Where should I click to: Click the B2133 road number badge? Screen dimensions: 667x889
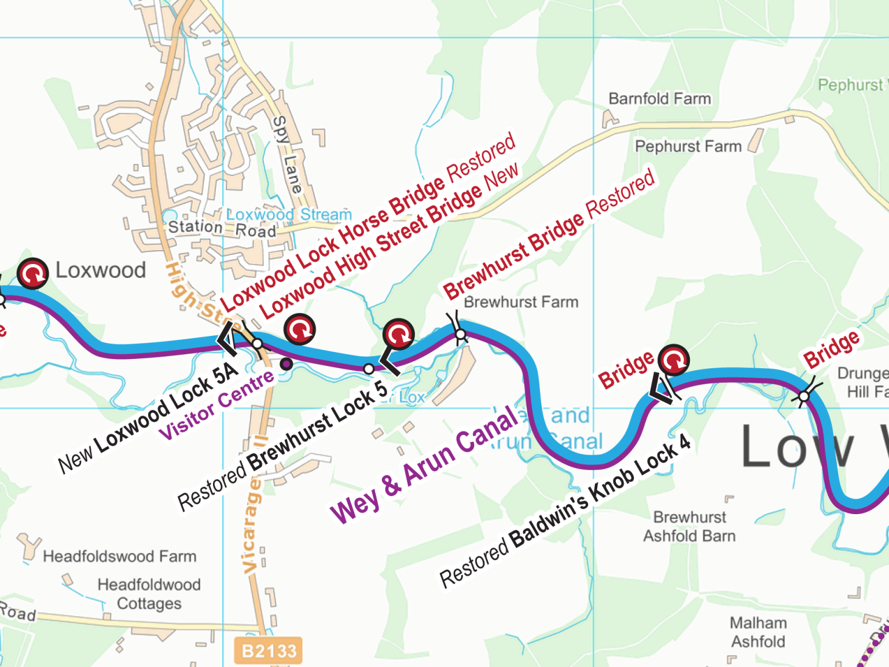(x=269, y=651)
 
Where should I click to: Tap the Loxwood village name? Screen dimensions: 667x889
(x=101, y=270)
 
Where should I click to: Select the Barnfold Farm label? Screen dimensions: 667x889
(x=659, y=99)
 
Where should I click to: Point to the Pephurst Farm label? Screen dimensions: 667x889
(x=688, y=146)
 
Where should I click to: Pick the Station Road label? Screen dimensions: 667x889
(x=222, y=229)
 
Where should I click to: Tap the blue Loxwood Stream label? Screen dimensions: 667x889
(x=289, y=215)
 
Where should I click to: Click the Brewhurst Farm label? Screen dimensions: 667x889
(x=521, y=302)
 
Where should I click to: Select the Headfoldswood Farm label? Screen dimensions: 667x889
(x=120, y=556)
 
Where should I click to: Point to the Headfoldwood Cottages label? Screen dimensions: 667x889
(x=149, y=594)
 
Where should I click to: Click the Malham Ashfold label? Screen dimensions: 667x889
(x=758, y=632)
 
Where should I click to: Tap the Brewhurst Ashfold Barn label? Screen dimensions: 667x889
(x=689, y=526)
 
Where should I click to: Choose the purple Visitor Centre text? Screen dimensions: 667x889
(x=217, y=405)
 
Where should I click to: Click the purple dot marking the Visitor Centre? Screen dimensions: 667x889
(x=286, y=364)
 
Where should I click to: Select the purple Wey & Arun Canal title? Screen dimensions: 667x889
(x=424, y=464)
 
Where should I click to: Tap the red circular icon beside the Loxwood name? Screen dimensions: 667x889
(x=32, y=273)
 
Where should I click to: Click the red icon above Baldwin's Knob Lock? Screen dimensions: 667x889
(x=674, y=360)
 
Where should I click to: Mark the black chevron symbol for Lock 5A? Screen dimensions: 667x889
(x=227, y=339)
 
